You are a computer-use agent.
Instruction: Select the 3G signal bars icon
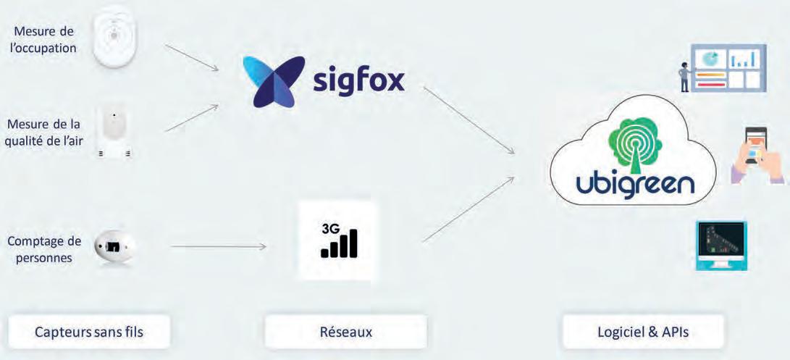338,240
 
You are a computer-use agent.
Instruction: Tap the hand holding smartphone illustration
756,156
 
